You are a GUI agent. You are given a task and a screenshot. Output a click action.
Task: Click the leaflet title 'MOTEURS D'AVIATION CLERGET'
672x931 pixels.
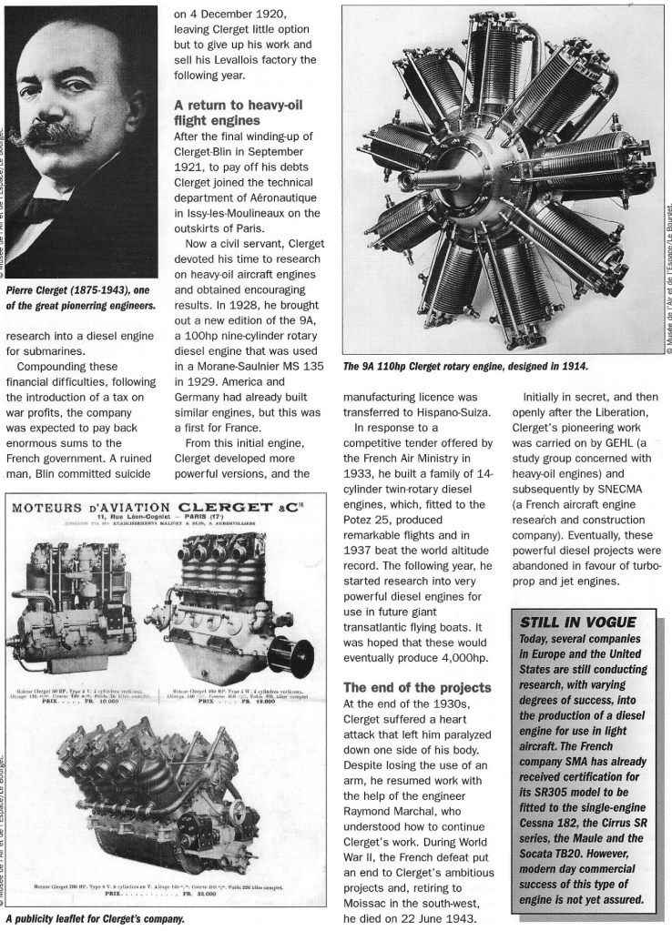point(164,508)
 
